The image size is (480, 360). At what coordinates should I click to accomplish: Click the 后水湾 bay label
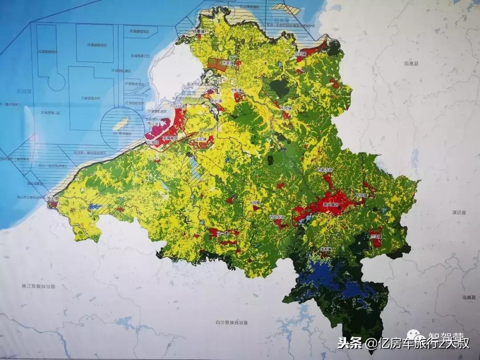click(x=281, y=21)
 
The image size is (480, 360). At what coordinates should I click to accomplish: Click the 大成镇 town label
click(x=254, y=203)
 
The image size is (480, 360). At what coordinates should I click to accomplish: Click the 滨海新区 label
click(x=170, y=138)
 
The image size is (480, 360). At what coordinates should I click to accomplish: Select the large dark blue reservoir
click(x=324, y=273)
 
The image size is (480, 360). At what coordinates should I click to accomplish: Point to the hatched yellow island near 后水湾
click(x=280, y=8)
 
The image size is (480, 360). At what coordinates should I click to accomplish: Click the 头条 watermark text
click(x=349, y=343)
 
